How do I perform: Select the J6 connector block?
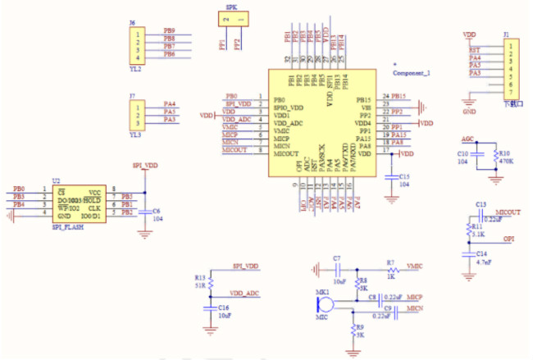[138, 46]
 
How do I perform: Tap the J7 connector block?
[138, 112]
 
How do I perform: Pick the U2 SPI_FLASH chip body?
[79, 203]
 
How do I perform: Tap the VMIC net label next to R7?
[415, 265]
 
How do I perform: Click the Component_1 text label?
[411, 73]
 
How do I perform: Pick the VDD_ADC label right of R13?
[244, 293]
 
